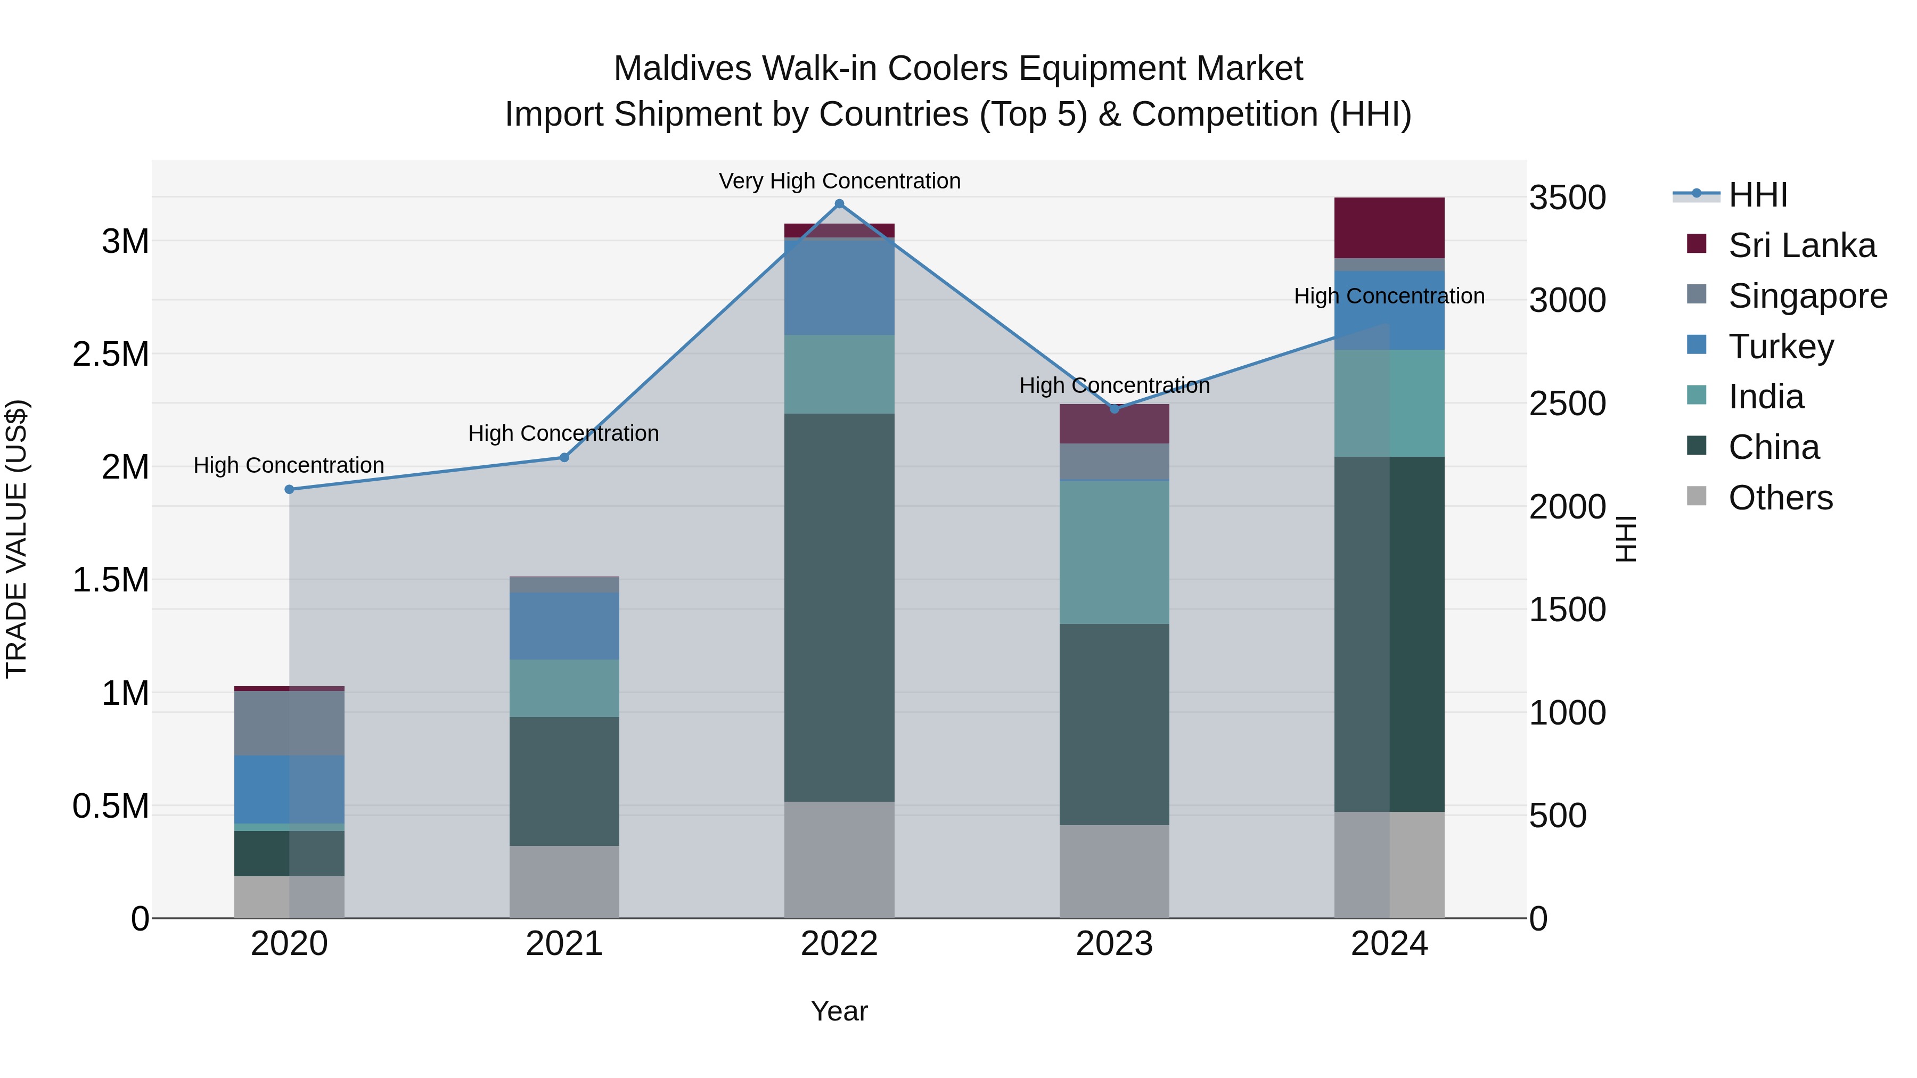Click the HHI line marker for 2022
[839, 204]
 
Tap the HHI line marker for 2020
[290, 490]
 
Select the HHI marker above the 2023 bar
[1114, 409]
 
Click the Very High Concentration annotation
[839, 181]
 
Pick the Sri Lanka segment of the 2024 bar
[1389, 228]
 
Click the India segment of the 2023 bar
[1114, 552]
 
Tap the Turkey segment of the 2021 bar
[564, 626]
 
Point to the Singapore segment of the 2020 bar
[290, 723]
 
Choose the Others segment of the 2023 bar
[1114, 871]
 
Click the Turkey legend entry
[1781, 347]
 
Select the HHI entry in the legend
[1757, 195]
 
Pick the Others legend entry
[1780, 498]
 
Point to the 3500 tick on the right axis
[1567, 198]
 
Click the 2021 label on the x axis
[564, 944]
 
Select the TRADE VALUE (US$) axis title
[17, 539]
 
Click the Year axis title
[839, 1011]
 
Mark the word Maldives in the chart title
[683, 69]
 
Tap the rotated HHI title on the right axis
[1626, 539]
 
